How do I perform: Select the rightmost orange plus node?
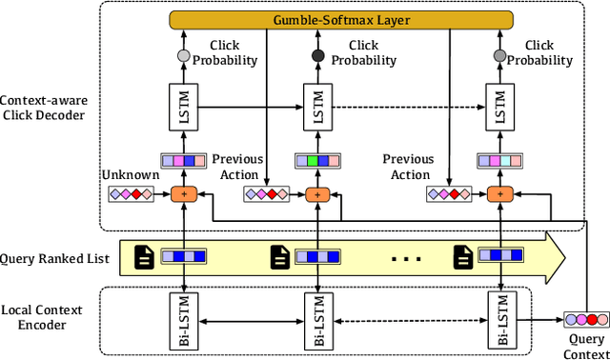tap(496, 194)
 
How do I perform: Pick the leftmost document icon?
tap(144, 256)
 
